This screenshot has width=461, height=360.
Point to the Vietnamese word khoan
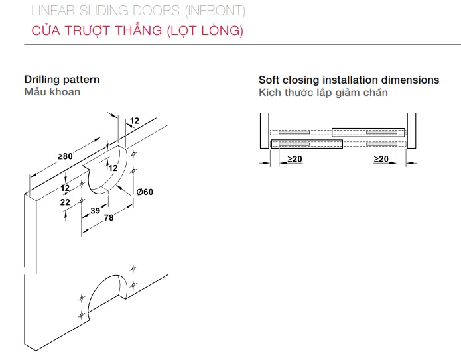click(66, 92)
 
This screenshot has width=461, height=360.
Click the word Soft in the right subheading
click(270, 80)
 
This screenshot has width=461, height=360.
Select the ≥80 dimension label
click(65, 156)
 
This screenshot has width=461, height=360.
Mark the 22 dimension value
click(64, 202)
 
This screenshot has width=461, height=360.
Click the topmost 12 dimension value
click(134, 121)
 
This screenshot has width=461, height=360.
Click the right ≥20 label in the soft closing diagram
click(381, 160)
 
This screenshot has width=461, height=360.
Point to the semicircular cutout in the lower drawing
click(107, 290)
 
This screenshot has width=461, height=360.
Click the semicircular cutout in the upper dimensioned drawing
click(109, 169)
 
